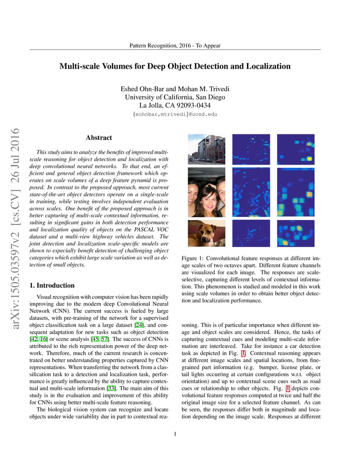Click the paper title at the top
coord(175,67)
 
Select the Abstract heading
coord(99,138)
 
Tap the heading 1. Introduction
coord(52,286)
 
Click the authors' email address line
coord(175,114)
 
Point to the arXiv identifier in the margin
coord(15,228)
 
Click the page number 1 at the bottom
coord(175,434)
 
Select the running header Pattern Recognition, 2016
coord(175,46)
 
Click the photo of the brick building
coord(207,148)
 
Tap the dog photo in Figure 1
coord(207,233)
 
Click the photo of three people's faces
coord(207,192)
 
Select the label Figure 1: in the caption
coord(194,259)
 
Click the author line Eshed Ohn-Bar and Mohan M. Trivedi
coord(175,89)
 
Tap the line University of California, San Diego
coord(175,97)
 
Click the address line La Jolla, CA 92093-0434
coord(175,105)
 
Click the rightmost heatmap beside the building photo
coord(296,148)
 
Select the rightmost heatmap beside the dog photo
coord(296,233)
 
